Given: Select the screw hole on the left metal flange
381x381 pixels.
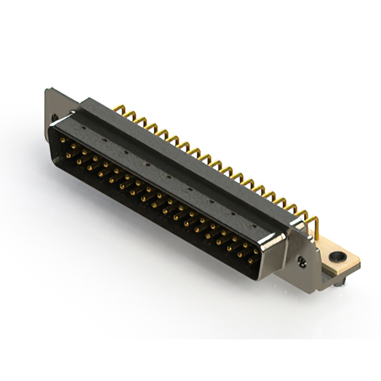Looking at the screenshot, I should pos(55,117).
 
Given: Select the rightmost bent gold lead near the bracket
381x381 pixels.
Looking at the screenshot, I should pos(316,224).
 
